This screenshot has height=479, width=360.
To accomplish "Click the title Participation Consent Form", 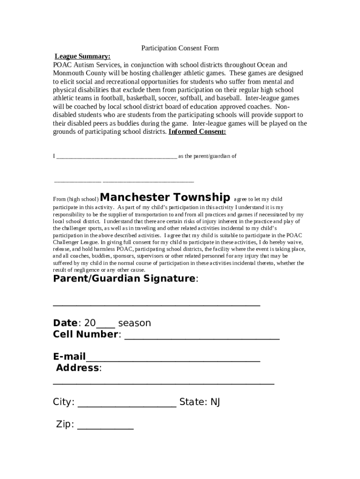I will pos(180,48).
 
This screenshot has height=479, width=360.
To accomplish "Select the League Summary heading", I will pos(83,57).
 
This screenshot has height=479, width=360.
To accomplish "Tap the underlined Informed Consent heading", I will pos(197,132).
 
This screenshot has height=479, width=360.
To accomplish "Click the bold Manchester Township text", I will pos(165,197).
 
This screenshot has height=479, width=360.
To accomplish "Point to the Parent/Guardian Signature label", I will pos(124,279).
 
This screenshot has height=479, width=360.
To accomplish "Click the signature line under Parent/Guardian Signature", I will pos(157,305).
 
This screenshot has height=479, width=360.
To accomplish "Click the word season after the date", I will pos(135,323).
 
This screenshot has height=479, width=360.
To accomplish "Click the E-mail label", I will pos(69,357).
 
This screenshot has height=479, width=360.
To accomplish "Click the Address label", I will pos(78,368).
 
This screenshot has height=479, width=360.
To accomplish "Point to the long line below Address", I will pos(164,383).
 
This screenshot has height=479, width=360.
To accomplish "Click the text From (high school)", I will pos(76,199).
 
